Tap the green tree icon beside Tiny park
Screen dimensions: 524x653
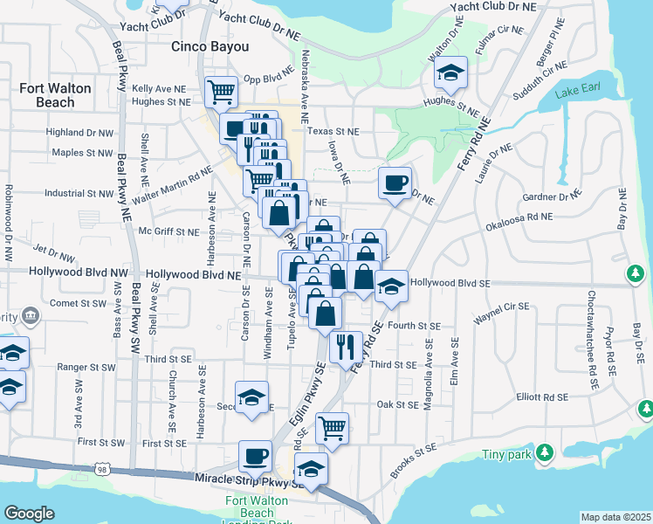545,452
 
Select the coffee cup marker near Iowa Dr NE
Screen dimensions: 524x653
395,183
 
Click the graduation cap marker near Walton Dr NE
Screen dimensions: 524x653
451,72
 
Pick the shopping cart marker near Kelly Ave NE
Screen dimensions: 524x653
221,90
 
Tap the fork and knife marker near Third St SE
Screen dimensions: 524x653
347,347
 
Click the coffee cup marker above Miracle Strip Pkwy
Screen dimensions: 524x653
256,456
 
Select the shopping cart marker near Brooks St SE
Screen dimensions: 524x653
332,428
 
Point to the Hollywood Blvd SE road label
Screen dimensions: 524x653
450,283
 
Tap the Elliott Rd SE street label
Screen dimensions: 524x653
542,396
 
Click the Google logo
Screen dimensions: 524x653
29,514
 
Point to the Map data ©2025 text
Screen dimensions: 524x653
615,517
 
